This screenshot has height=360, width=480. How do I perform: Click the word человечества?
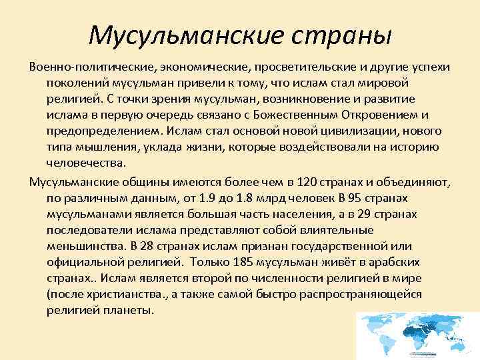click(86, 162)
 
